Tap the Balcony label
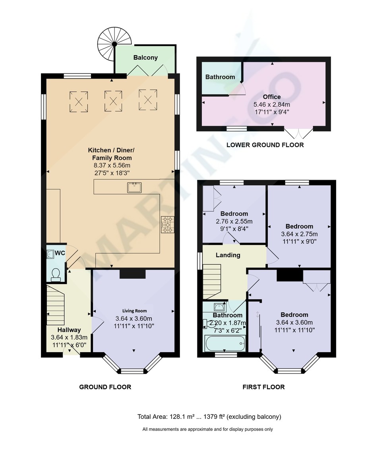click(x=145, y=58)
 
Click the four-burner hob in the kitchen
click(x=167, y=225)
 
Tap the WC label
click(x=60, y=253)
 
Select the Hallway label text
click(x=69, y=330)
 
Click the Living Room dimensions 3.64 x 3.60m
click(x=134, y=319)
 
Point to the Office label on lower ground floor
click(x=272, y=97)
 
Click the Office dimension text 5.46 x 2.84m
click(x=272, y=104)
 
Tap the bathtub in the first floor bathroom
click(x=224, y=343)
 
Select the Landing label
click(x=228, y=255)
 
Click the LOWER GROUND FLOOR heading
click(x=265, y=145)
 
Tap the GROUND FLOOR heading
click(x=105, y=387)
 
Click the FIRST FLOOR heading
click(x=263, y=387)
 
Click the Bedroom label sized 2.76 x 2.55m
click(x=234, y=214)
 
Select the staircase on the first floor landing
click(x=212, y=282)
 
